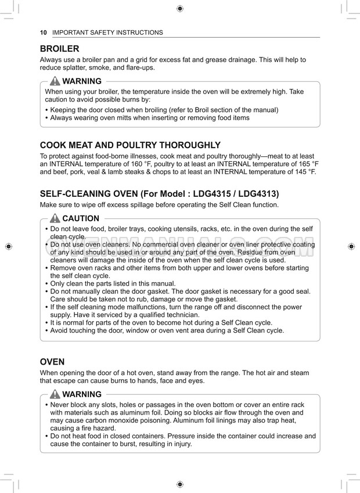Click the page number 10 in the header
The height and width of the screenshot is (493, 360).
pyautogui.click(x=43, y=33)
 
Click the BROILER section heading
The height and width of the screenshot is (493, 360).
pyautogui.click(x=59, y=49)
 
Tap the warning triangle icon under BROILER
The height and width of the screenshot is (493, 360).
pyautogui.click(x=55, y=81)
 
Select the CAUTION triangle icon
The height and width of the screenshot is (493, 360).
pyautogui.click(x=55, y=219)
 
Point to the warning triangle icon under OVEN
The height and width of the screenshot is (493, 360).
pyautogui.click(x=55, y=394)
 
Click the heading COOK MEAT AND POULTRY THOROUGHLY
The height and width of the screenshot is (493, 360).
pyautogui.click(x=130, y=145)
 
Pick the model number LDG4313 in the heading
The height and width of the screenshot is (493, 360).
pyautogui.click(x=262, y=193)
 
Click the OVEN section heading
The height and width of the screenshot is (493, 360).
pyautogui.click(x=52, y=361)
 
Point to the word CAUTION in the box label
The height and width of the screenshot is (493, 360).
pyautogui.click(x=81, y=219)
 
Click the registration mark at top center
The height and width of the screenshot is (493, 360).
pyautogui.click(x=180, y=8)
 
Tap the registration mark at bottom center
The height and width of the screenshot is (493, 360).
pyautogui.click(x=180, y=484)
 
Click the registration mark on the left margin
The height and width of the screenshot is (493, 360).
pyautogui.click(x=8, y=246)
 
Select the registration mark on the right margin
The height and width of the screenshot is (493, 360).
pyautogui.click(x=351, y=246)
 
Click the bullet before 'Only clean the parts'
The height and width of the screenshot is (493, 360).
pyautogui.click(x=46, y=283)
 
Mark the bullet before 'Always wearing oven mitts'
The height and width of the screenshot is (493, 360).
pyautogui.click(x=46, y=118)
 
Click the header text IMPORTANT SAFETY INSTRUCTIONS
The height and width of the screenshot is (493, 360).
pyautogui.click(x=107, y=33)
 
